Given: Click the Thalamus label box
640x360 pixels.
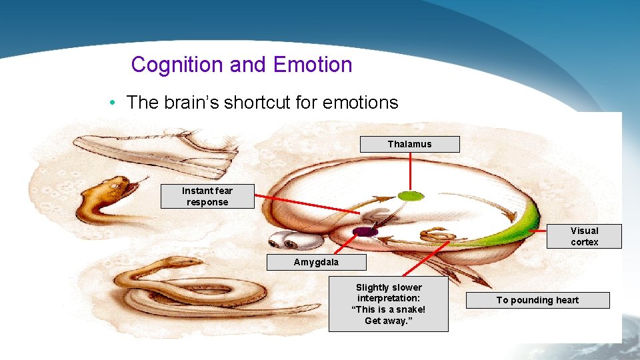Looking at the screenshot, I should pyautogui.click(x=409, y=144).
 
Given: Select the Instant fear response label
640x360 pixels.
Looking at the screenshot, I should pyautogui.click(x=207, y=197).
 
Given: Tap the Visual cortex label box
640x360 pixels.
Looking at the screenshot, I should pyautogui.click(x=584, y=237).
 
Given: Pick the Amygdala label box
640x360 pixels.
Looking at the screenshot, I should pyautogui.click(x=316, y=262).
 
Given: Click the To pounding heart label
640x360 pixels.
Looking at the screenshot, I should pyautogui.click(x=537, y=300).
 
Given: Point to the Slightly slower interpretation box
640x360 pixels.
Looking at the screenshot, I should pyautogui.click(x=388, y=304).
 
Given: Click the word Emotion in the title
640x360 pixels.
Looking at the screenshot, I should pyautogui.click(x=313, y=65).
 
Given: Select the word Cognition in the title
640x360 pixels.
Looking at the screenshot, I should pyautogui.click(x=176, y=65).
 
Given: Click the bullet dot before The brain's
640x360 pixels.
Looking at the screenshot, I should pyautogui.click(x=115, y=103).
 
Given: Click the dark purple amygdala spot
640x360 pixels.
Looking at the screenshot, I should pyautogui.click(x=365, y=231).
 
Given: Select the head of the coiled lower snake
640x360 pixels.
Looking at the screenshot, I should pyautogui.click(x=189, y=262).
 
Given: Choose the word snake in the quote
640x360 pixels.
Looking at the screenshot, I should pyautogui.click(x=409, y=309).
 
